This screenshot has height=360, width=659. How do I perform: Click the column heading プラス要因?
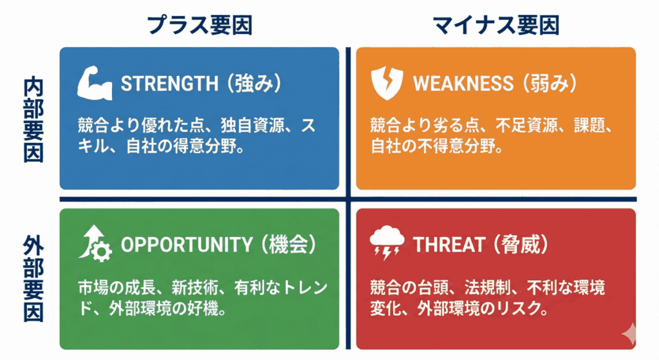pos(200,25)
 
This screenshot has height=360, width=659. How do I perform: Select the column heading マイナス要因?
pos(496,25)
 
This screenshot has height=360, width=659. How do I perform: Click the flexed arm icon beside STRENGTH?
pos(94,84)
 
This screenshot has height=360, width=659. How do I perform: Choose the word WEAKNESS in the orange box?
pos(463,84)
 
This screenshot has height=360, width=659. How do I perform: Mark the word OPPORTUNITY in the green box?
pos(187,245)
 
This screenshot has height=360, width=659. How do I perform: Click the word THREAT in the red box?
pos(449,245)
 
